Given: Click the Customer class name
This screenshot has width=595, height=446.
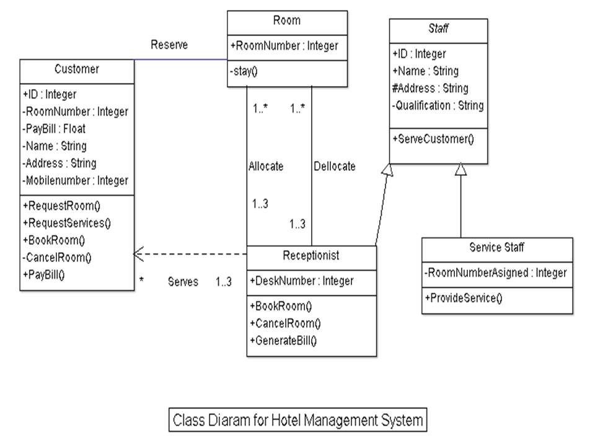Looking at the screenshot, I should [76, 69].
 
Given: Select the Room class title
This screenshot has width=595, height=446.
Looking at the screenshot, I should [287, 20].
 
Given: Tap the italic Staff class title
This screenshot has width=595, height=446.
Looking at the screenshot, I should [438, 28].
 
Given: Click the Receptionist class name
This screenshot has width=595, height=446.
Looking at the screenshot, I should [311, 255].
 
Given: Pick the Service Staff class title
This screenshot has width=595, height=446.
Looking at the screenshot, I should [496, 248].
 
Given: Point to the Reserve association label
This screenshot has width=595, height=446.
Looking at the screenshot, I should [169, 45].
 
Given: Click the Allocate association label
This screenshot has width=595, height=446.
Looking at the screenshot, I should [266, 167].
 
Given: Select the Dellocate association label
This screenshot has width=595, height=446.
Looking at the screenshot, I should [335, 167].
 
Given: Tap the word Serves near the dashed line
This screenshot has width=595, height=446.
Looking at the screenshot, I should [183, 282].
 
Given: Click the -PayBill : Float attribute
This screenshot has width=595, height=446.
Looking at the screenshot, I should [54, 129].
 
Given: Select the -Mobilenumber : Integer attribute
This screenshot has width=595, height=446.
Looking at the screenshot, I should [75, 181].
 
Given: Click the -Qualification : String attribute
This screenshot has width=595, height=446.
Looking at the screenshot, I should [438, 106].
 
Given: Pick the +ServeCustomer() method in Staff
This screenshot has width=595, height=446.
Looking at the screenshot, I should [433, 139].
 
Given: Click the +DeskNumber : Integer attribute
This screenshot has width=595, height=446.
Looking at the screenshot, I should [301, 281].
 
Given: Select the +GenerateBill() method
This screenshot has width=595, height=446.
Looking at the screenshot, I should [283, 341].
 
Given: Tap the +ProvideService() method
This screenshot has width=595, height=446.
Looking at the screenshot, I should [463, 298].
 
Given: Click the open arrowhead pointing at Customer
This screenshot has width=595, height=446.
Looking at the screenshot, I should [138, 254].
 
